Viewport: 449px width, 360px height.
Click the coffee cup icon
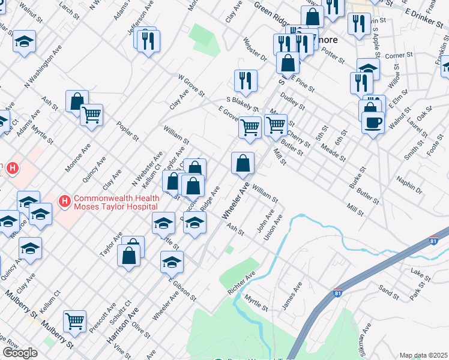(x=373, y=122)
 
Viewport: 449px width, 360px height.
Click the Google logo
(x=20, y=353)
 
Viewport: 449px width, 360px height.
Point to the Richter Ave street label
(x=241, y=281)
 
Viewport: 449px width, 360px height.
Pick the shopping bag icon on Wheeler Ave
(x=243, y=162)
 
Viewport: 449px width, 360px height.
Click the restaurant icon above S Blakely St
(x=246, y=79)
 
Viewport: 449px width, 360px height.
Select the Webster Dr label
(x=255, y=50)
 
